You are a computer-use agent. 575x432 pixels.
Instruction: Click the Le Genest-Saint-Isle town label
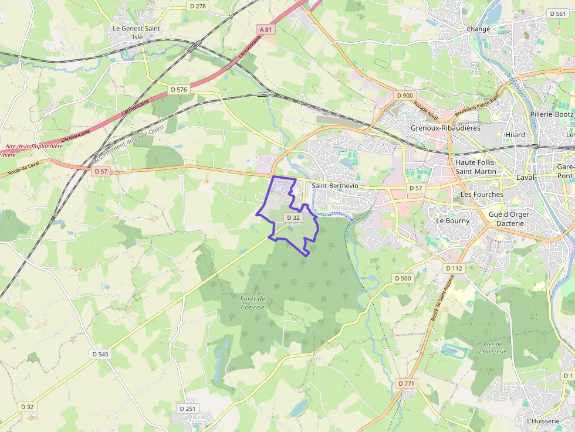coord(137,32)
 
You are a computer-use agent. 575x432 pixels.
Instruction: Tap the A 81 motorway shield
coord(266,29)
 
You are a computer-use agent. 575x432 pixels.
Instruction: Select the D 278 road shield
coord(198,6)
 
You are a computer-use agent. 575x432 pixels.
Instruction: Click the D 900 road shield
coord(405,95)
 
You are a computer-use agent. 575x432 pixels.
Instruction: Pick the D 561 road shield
coord(557,13)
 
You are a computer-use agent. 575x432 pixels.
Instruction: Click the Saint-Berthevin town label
coord(335,186)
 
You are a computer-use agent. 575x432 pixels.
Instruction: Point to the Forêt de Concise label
coord(252,303)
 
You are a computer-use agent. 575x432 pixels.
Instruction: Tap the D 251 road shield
coord(187,408)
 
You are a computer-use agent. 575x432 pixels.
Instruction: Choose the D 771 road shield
coord(405,383)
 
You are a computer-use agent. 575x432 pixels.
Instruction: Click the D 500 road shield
coord(403,278)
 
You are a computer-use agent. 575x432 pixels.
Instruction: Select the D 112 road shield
coord(454,268)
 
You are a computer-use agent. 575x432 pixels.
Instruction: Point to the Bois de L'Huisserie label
coord(492,348)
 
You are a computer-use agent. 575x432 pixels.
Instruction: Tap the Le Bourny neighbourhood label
coord(453,221)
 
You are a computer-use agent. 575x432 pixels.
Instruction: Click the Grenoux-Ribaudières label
coord(445,128)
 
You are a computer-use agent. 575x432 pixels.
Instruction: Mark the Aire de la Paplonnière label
coord(33,147)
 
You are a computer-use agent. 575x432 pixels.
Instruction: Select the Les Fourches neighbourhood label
coord(482,194)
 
